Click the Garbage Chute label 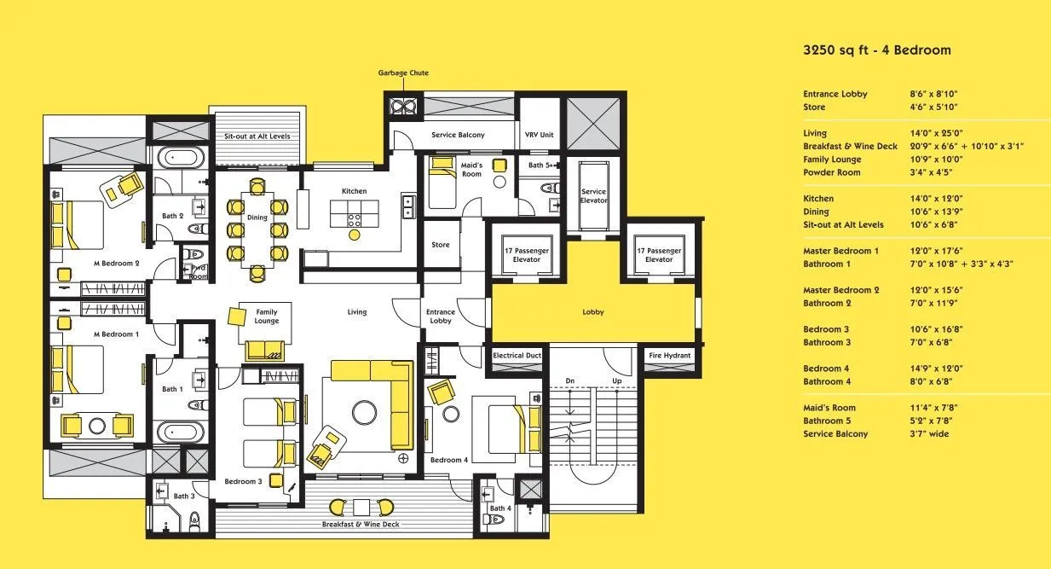403,73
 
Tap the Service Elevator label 593,195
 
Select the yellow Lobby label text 593,311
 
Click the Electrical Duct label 517,356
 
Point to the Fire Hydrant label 669,356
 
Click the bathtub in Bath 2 181,156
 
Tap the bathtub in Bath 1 181,432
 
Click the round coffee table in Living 364,412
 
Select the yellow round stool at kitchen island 355,235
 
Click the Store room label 441,245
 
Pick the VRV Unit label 539,135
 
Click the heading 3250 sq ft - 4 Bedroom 877,50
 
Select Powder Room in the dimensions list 832,172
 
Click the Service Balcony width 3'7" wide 929,434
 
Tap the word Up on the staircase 617,380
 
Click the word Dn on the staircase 570,380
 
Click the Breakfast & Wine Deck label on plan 361,525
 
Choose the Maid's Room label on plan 471,170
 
